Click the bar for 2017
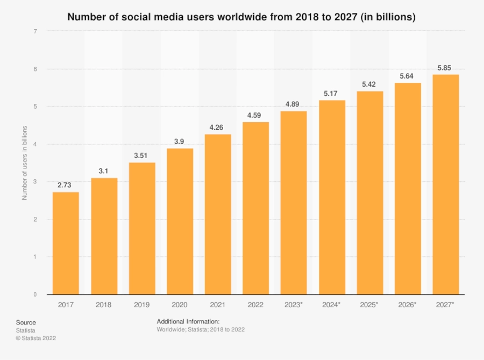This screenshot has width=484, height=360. coord(66,243)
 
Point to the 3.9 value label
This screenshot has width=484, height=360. coord(180,141)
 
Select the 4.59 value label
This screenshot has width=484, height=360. coord(255,115)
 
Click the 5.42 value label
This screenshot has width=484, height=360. coord(369,84)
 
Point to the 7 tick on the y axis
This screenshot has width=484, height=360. coord(35,31)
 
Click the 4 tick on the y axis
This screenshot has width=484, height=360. coord(35,144)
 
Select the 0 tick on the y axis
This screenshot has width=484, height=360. coord(35,294)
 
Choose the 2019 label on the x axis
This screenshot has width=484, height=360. coord(142,305)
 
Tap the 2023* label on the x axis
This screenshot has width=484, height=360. coord(294,305)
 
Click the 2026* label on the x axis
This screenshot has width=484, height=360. coord(408,305)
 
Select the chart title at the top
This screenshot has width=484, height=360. coord(241,17)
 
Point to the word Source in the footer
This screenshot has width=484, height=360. coord(26,322)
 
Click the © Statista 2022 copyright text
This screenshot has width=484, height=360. coord(35,338)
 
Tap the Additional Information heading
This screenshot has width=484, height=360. coord(188,321)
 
